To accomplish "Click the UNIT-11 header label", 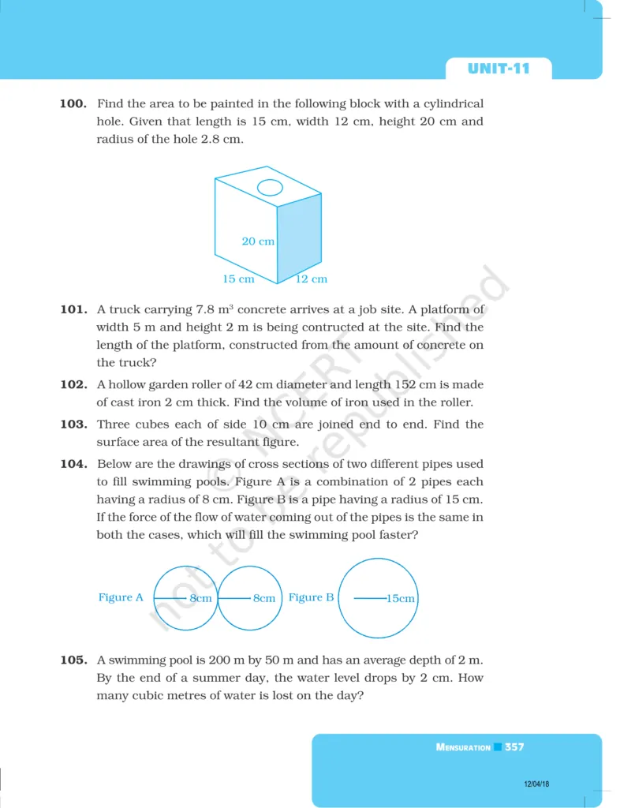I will coord(499,69).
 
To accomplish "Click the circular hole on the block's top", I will coord(270,188).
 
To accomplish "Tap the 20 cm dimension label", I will coord(258,241).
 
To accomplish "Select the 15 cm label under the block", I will coord(238,279).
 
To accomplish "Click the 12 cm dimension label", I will coord(311,279).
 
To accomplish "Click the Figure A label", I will coord(121,597).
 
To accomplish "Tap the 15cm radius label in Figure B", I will coord(400,599).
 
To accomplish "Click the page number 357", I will coord(514,746).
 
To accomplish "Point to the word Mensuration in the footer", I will coord(463,747).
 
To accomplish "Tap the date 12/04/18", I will coord(537,784).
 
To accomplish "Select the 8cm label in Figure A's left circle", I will coord(201,599).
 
